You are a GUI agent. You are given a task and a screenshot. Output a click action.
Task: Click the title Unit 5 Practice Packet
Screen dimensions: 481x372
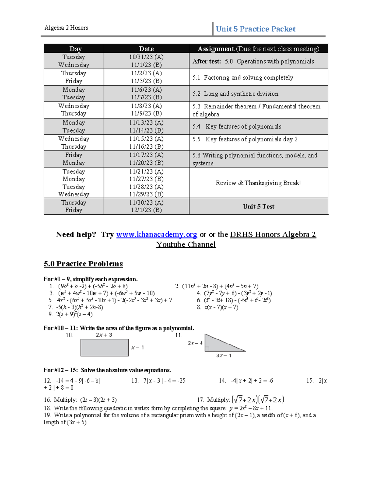(255, 29)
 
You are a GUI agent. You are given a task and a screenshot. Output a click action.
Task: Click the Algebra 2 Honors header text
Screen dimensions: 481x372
(66, 28)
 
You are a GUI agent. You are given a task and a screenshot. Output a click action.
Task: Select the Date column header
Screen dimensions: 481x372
(146, 49)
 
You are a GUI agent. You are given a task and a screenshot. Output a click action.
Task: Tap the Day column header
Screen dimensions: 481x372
(75, 49)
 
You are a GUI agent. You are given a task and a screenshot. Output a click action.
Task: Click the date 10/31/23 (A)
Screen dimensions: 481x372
(146, 57)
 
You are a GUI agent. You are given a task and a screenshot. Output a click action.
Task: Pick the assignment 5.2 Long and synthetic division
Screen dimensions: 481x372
(235, 94)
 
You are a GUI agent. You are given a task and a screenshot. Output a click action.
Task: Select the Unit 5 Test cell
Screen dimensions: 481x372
(259, 206)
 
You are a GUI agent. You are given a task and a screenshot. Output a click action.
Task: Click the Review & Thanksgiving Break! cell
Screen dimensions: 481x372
(258, 183)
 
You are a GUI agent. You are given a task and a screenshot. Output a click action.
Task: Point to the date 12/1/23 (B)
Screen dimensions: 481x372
(146, 210)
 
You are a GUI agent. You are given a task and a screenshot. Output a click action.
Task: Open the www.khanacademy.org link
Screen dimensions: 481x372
(157, 234)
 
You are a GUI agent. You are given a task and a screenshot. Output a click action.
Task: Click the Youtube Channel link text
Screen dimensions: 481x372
(186, 244)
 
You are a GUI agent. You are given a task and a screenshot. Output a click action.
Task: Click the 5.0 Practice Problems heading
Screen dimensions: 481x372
(83, 264)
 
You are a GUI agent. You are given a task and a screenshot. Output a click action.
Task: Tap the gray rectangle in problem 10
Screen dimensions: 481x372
(104, 348)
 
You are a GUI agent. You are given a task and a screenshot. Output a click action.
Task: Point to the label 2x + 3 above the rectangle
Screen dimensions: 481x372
(104, 335)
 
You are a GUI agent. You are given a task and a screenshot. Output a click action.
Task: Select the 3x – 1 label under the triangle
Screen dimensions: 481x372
(224, 356)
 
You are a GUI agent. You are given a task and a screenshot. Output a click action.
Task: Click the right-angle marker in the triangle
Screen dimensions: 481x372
(207, 349)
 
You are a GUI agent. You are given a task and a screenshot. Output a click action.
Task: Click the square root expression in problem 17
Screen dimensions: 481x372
(258, 400)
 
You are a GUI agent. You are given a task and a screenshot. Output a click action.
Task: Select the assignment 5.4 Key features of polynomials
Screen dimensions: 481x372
(243, 126)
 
